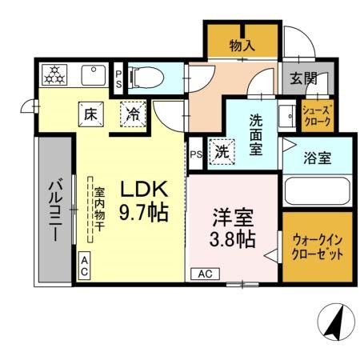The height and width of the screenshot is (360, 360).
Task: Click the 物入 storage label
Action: tap(242, 46)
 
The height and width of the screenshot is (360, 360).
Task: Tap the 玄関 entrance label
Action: tap(303, 78)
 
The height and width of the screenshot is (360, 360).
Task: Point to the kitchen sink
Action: tap(90, 75)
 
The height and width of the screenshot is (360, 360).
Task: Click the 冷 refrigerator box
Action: tap(134, 114)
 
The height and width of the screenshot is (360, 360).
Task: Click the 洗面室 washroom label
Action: tap(255, 135)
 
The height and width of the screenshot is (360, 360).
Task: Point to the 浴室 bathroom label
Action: tap(318, 158)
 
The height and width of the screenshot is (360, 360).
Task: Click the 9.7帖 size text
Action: tap(144, 212)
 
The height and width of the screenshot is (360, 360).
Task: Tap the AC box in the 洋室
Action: tap(204, 273)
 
